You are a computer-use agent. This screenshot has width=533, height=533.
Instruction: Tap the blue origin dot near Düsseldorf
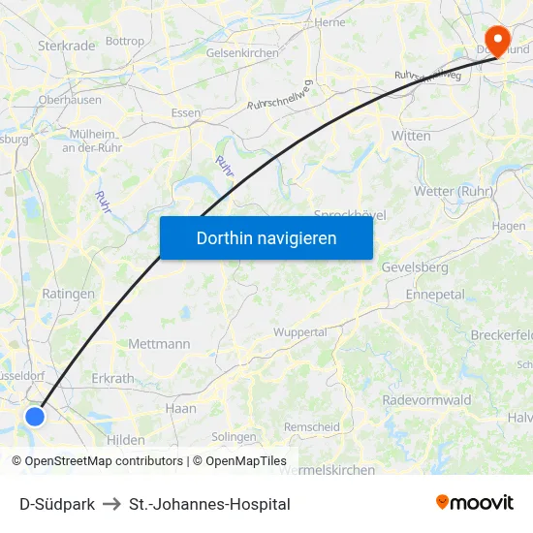point(35,416)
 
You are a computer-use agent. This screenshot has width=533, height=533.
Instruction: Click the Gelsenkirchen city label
point(242,53)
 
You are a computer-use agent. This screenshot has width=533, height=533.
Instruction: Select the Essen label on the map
point(185,112)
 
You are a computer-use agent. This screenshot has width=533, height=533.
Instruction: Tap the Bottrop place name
point(124,42)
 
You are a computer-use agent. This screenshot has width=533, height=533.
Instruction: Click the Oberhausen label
point(70,99)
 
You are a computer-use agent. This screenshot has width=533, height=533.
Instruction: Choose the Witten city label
point(411,136)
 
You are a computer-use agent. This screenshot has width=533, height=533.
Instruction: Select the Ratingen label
point(69,293)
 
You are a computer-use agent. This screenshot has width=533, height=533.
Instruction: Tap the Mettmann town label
point(159,343)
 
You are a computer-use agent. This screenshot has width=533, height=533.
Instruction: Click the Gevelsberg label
point(415,266)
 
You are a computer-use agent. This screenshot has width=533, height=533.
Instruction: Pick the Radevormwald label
point(426,399)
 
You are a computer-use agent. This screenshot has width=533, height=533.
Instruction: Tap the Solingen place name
point(234,437)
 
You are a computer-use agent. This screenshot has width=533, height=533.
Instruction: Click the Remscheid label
point(311,426)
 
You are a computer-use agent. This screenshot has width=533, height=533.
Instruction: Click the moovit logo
point(474,502)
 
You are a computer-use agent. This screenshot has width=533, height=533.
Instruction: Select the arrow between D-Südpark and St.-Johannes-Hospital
point(111,504)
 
